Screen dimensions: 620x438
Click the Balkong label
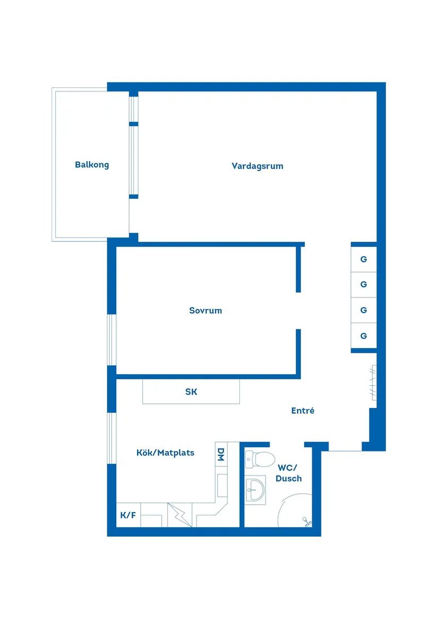pos(92,165)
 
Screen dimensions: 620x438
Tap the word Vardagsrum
pos(257,166)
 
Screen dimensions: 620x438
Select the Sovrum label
pos(205,310)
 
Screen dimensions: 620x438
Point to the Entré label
pos(303,411)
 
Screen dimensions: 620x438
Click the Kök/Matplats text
pos(165,453)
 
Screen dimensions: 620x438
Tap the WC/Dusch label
pos(289,473)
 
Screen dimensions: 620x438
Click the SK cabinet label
pos(191,392)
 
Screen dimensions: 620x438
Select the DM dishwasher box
pos(221,454)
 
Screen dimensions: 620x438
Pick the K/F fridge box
pos(128,515)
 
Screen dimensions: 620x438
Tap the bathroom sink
pos(255,489)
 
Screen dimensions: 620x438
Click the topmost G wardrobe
pos(364,260)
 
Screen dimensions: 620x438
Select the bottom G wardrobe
pos(364,336)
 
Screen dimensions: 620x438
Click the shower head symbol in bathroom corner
pos(306,521)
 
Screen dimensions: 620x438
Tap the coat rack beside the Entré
pos(373,386)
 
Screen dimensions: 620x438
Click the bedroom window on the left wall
pos(111,340)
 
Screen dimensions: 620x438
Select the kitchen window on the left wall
pos(111,438)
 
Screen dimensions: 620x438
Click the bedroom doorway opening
pos(298,310)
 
